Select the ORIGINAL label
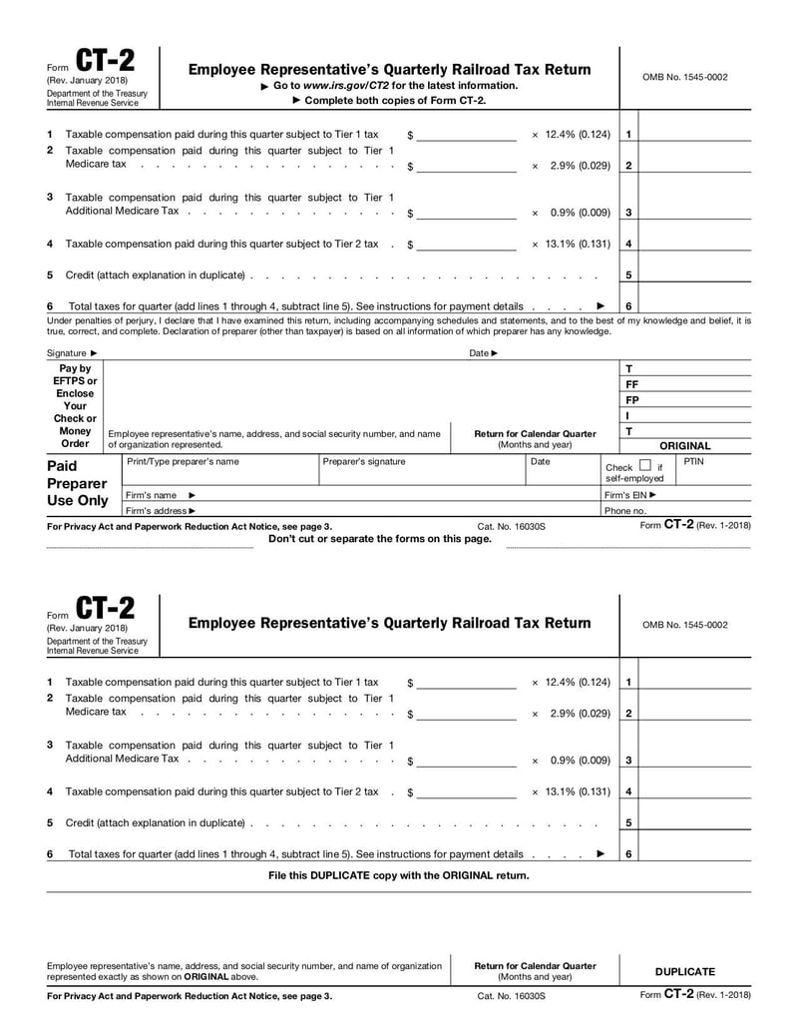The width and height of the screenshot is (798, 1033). pyautogui.click(x=684, y=446)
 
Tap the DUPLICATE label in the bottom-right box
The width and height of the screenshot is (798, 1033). pyautogui.click(x=684, y=971)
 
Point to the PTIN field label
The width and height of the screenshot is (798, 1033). pyautogui.click(x=693, y=462)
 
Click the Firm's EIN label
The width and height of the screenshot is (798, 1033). pyautogui.click(x=630, y=495)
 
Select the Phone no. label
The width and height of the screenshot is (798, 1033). pyautogui.click(x=625, y=511)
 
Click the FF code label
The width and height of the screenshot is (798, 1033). pyautogui.click(x=631, y=384)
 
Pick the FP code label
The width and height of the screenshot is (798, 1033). pyautogui.click(x=631, y=400)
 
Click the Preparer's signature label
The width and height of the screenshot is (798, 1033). pyautogui.click(x=364, y=462)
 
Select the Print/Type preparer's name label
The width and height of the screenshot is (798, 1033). pyautogui.click(x=183, y=462)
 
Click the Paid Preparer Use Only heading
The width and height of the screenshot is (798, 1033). pyautogui.click(x=78, y=483)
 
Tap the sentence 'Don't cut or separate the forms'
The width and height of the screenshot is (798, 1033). pyautogui.click(x=380, y=538)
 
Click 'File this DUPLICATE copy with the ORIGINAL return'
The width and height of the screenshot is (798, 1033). pyautogui.click(x=399, y=875)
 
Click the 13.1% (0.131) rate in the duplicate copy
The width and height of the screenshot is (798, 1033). pyautogui.click(x=571, y=791)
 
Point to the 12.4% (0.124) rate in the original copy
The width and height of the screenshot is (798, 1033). pyautogui.click(x=571, y=135)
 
